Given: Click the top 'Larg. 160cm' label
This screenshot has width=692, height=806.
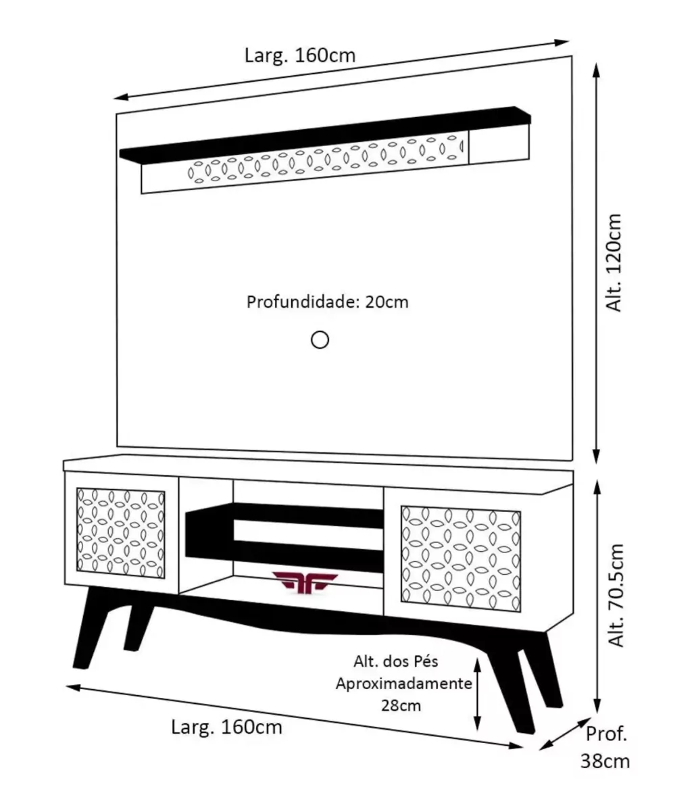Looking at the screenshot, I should [300, 55].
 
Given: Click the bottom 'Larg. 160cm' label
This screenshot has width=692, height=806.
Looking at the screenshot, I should [226, 728].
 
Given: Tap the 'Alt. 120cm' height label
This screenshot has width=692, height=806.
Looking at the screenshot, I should [615, 263].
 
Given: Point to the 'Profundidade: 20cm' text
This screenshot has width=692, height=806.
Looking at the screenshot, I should [328, 302].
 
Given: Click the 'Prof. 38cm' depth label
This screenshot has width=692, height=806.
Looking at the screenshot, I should [605, 747].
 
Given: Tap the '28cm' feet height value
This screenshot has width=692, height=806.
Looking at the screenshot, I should [401, 705].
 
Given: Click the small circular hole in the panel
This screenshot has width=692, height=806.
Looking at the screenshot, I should [320, 339].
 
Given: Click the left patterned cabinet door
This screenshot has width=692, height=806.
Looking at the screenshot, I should [121, 534].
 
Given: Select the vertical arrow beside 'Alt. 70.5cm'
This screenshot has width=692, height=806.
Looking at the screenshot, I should [595, 595].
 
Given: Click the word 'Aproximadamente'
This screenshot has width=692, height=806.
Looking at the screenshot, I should [404, 683].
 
